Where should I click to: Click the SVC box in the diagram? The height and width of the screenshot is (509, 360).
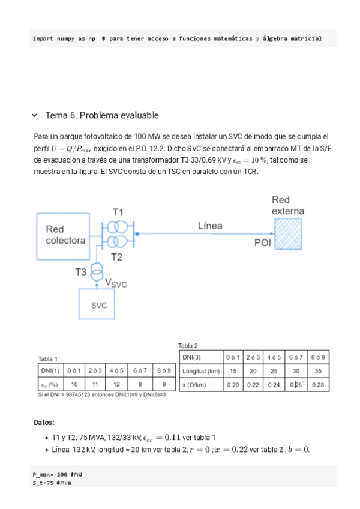click(99, 304)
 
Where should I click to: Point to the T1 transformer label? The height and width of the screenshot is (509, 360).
click(118, 212)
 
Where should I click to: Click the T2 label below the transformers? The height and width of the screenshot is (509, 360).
click(116, 257)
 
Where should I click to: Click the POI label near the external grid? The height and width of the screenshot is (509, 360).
click(263, 242)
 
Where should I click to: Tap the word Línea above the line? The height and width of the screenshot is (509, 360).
click(210, 226)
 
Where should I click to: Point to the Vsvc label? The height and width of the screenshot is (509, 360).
click(116, 283)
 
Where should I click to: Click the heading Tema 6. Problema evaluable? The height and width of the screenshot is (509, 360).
click(102, 115)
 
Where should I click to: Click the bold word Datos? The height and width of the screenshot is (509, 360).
click(44, 423)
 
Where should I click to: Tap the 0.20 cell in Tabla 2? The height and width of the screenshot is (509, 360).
click(233, 384)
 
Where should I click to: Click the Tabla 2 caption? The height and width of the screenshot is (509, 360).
click(188, 345)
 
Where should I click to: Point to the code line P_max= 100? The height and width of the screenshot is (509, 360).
click(57, 474)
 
